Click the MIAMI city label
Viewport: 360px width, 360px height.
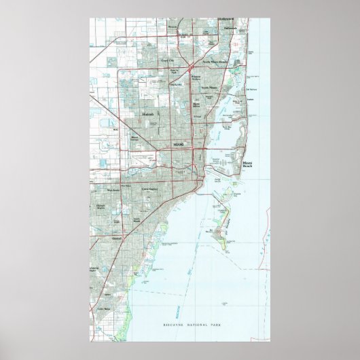click(x=179, y=145)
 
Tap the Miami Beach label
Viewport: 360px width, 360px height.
click(x=248, y=164)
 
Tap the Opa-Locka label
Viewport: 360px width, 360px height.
click(x=176, y=84)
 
